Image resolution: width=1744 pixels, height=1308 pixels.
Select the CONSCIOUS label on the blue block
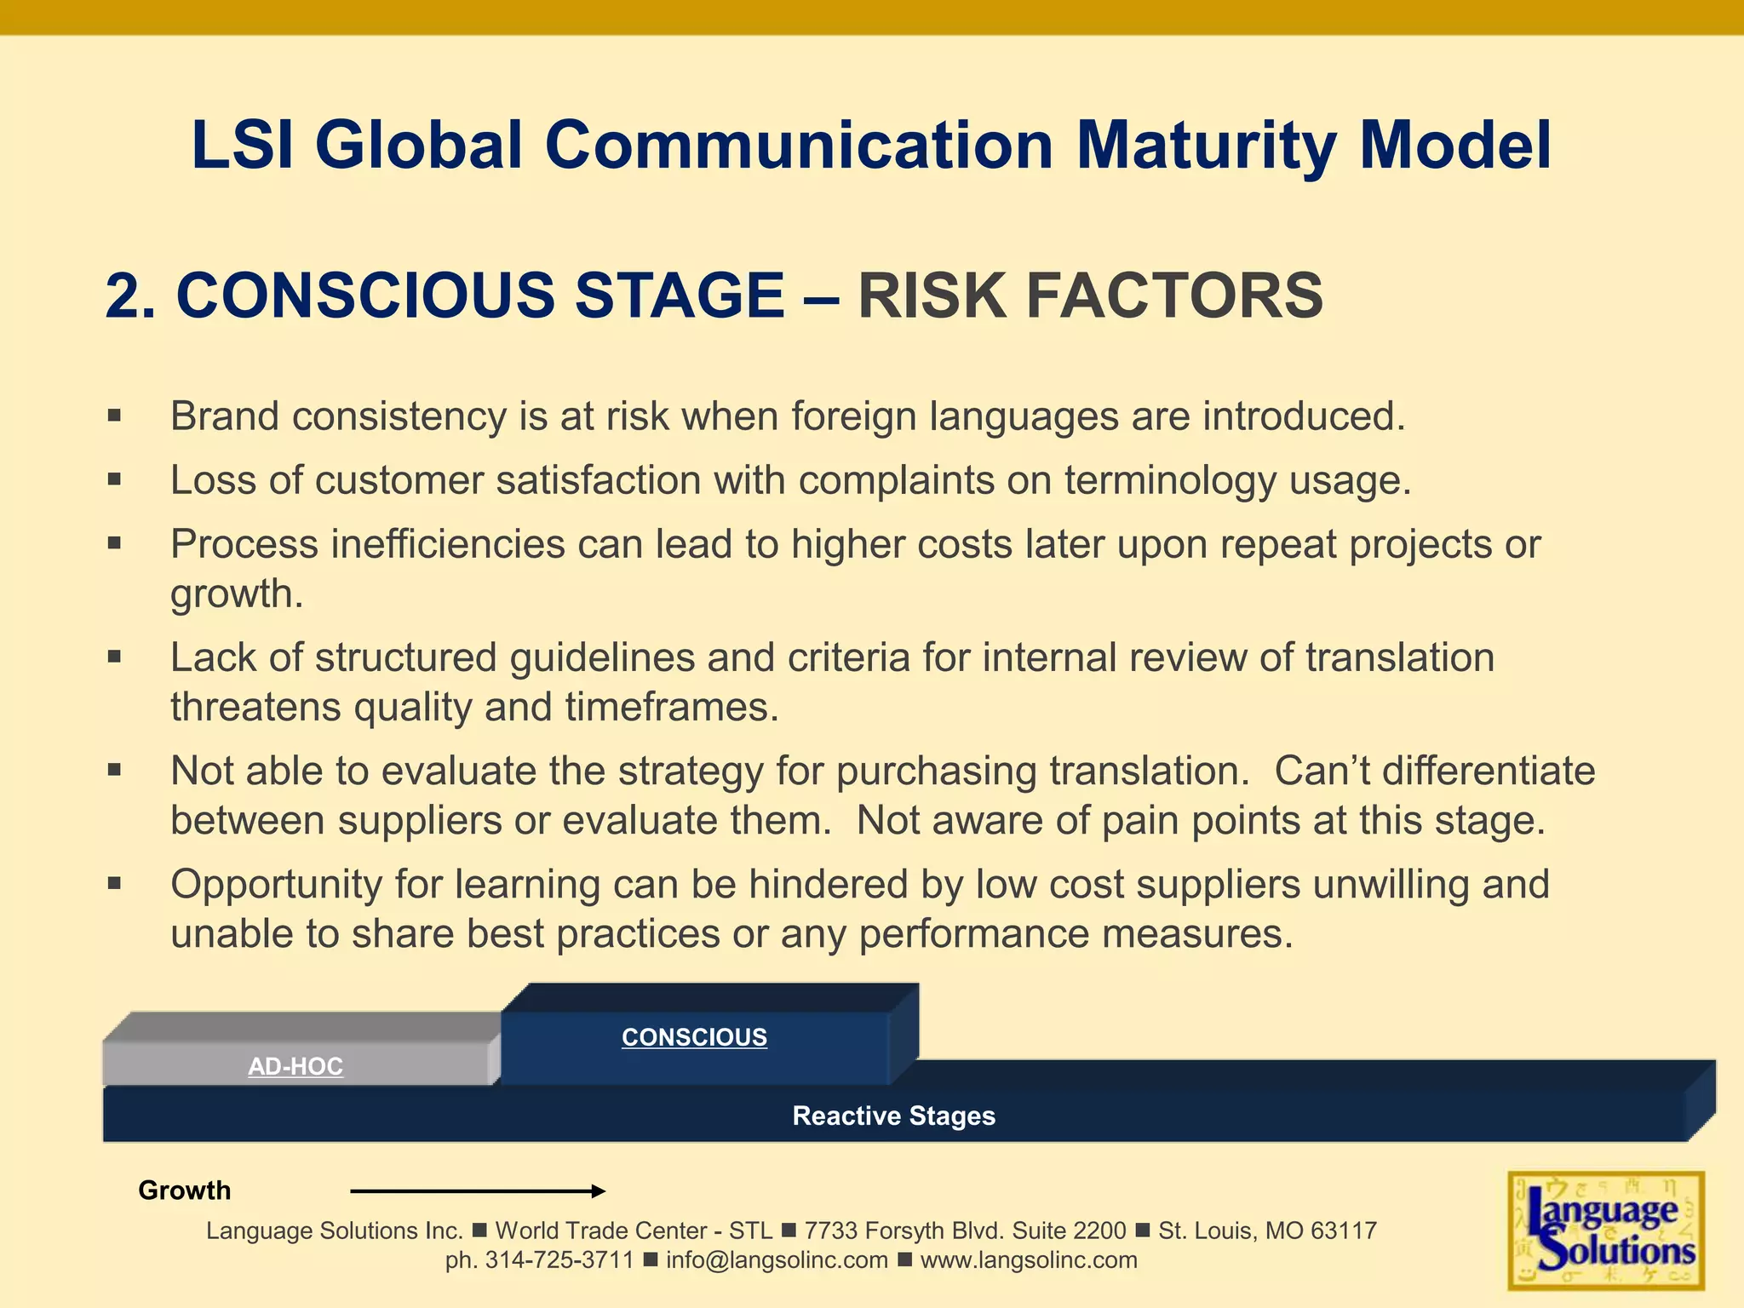click(x=694, y=1037)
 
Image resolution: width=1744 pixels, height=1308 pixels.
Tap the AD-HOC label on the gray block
click(x=295, y=1066)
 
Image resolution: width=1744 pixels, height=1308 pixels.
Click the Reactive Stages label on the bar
click(x=893, y=1116)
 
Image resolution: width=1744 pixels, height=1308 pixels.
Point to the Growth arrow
click(x=477, y=1190)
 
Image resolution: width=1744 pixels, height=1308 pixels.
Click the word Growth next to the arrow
click(x=184, y=1190)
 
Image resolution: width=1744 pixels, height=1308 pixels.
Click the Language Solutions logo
click(x=1605, y=1231)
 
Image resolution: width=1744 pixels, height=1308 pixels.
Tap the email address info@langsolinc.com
click(x=777, y=1260)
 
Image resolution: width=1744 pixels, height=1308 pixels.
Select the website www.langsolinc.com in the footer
click(x=1029, y=1260)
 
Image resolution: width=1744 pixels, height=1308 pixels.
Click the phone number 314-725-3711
click(x=559, y=1260)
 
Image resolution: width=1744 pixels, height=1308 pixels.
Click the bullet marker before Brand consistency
click(x=115, y=416)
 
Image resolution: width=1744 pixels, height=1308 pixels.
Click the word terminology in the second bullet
click(x=1170, y=480)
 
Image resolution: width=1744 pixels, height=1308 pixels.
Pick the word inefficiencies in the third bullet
click(x=448, y=544)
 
